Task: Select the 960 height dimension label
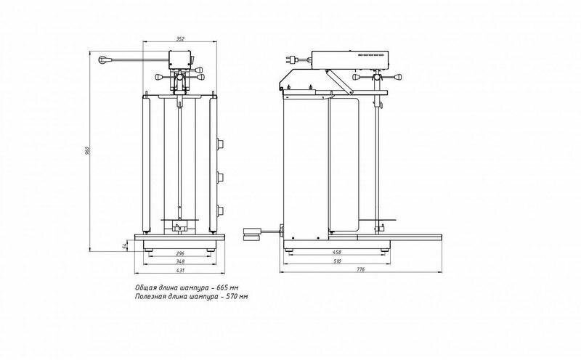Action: [88, 150]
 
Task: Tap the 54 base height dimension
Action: [125, 245]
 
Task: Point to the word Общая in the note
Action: [145, 287]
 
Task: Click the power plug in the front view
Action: [106, 60]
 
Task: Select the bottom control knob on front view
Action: [221, 210]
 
